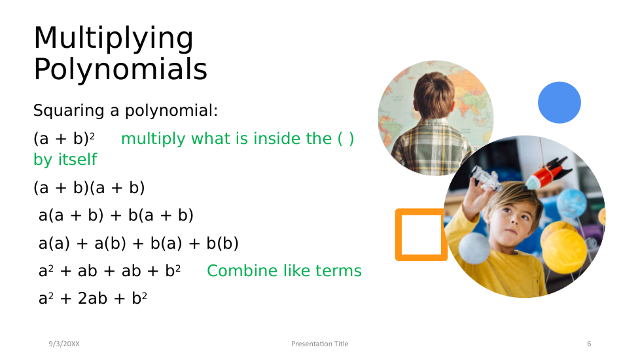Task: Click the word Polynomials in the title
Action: click(120, 69)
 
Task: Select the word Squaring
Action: click(69, 111)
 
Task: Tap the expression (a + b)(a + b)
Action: click(89, 188)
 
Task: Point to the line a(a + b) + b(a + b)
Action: click(116, 215)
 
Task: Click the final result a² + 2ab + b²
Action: click(93, 298)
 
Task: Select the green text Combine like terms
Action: click(284, 270)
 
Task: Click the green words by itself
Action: click(65, 159)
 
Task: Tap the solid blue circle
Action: click(560, 103)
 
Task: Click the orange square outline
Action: click(399, 235)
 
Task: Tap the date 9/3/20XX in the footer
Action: click(64, 344)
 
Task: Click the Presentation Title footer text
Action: click(319, 344)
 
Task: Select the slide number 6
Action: click(589, 344)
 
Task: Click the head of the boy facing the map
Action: click(434, 95)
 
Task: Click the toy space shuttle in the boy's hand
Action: click(486, 179)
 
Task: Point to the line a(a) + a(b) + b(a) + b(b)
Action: click(138, 243)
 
